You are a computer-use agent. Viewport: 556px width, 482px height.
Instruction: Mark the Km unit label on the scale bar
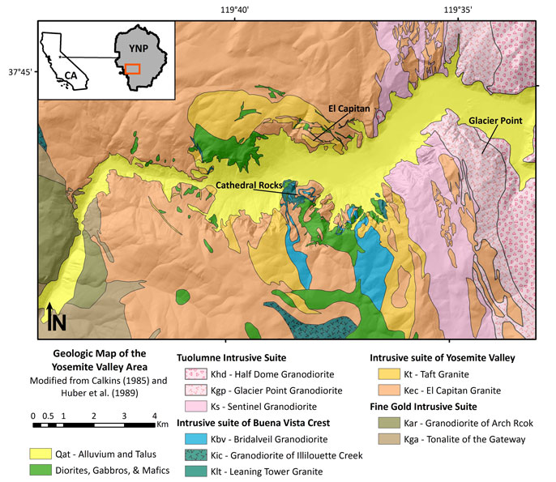click(x=162, y=423)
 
